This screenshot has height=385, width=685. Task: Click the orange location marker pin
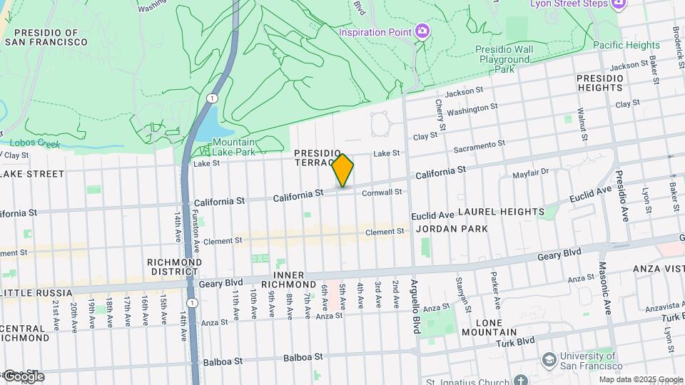343,170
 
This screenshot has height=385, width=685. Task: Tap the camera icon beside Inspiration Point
422,31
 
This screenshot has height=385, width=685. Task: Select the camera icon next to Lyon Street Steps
619,4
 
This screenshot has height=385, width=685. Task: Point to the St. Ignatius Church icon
521,381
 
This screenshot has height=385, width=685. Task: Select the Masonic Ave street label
608,299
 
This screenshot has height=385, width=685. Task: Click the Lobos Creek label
34,143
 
